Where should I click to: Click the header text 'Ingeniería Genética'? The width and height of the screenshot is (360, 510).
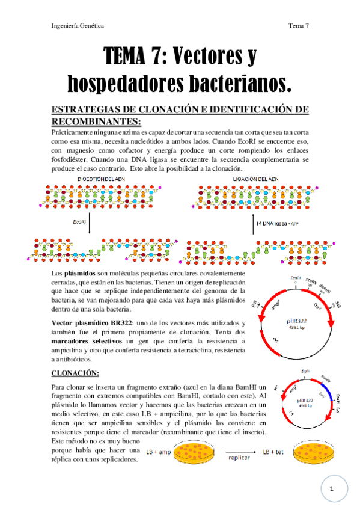(78, 26)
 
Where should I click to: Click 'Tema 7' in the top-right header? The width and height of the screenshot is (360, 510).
(298, 26)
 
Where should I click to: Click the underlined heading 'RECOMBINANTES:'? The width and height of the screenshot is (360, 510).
(96, 120)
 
